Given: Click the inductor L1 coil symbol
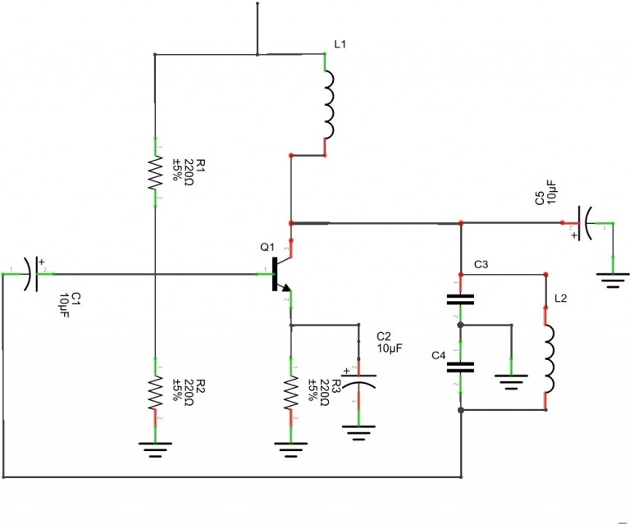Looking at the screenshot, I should [328, 105].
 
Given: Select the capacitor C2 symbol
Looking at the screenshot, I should [358, 380].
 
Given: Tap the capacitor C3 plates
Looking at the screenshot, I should [460, 298].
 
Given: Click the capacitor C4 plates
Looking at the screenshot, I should [460, 366].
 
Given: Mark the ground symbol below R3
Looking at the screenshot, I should [290, 448].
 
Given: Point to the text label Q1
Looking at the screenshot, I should [267, 247].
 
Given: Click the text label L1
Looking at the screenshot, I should [340, 44].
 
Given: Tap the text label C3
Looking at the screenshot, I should [482, 265].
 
